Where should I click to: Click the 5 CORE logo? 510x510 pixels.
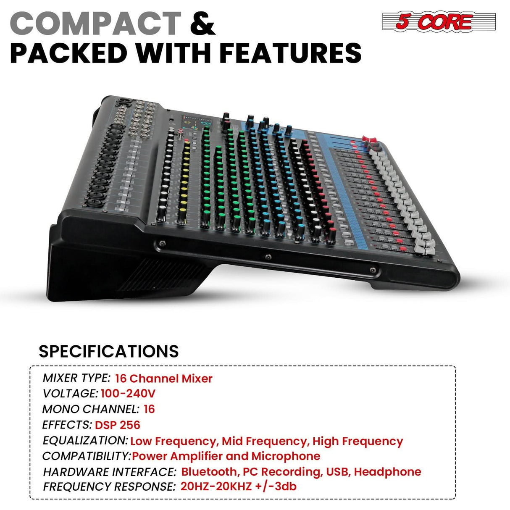tap(439, 22)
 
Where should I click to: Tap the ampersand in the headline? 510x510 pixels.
tap(202, 24)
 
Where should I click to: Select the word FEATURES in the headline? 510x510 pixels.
tap(290, 53)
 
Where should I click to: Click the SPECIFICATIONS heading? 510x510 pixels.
tap(108, 351)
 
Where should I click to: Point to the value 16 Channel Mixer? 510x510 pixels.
tap(163, 379)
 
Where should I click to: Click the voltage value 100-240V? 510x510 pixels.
tap(128, 394)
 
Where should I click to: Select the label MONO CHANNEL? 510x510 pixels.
tap(90, 409)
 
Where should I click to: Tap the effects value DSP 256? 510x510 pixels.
tap(117, 425)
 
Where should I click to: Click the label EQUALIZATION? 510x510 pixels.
tap(85, 441)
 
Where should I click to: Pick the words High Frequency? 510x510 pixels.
tap(358, 441)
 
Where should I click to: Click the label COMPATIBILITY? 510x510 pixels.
tap(87, 456)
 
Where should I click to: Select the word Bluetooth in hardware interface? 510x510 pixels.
tap(209, 472)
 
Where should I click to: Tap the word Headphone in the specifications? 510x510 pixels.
tap(387, 472)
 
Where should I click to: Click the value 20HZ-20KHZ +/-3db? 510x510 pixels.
tap(238, 486)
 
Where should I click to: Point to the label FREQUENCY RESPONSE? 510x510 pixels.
tap(109, 487)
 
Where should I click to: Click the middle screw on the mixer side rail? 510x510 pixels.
tap(267, 256)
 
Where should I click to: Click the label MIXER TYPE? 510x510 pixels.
tap(76, 378)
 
